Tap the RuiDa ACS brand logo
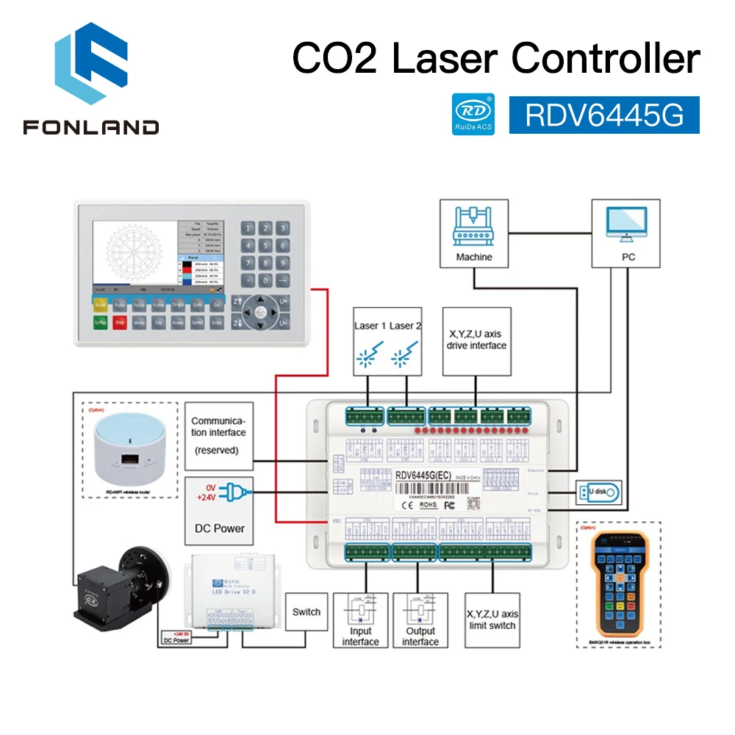[x=473, y=114]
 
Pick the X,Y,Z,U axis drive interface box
[x=476, y=340]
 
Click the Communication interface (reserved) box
[x=219, y=435]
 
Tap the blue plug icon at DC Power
[x=232, y=492]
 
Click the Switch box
[x=306, y=612]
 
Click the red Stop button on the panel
[x=121, y=322]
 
